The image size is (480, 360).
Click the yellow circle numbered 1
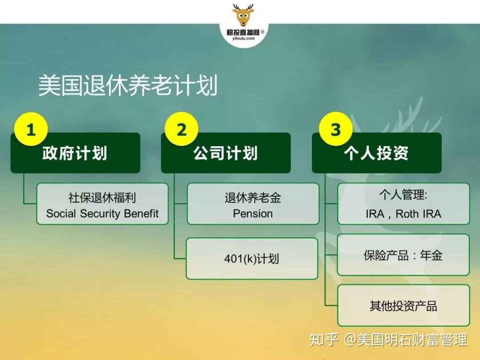point(31,130)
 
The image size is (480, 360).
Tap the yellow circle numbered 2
point(181,130)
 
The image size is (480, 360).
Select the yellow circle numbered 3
point(336,130)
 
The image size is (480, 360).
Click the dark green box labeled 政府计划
point(75,153)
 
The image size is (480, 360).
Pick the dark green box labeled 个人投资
point(376,153)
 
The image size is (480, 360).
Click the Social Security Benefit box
point(102,204)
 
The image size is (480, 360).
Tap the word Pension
point(253,213)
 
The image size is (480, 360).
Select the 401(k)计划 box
point(252,259)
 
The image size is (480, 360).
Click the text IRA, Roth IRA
point(404,214)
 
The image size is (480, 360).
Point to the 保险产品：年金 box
point(404,255)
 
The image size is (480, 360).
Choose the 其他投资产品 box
point(404,306)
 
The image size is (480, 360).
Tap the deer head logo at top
point(243,16)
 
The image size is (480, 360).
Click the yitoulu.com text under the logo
point(244,39)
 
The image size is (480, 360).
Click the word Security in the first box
point(100,213)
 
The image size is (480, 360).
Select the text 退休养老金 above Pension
point(253,198)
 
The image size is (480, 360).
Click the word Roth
point(407,214)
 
